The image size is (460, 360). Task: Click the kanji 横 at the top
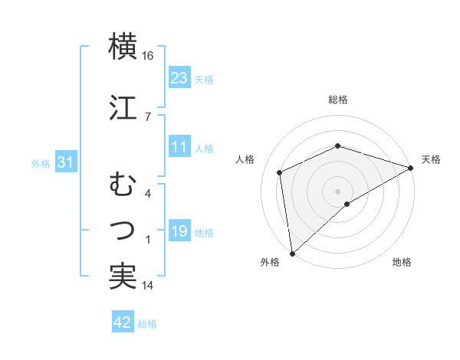click(x=123, y=46)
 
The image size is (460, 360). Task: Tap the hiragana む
click(x=123, y=185)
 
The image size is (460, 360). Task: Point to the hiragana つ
click(x=123, y=228)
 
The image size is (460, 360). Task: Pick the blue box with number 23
click(x=179, y=77)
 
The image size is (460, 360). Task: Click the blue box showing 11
click(x=179, y=147)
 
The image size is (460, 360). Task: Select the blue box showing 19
click(x=179, y=231)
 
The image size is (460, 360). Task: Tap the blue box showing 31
click(x=65, y=162)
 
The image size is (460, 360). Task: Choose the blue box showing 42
click(x=122, y=322)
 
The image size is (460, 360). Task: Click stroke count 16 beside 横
click(x=147, y=56)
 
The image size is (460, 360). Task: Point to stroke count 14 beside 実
click(x=147, y=286)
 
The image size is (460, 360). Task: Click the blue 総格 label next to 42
click(x=147, y=324)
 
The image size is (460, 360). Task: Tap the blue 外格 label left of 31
click(x=40, y=163)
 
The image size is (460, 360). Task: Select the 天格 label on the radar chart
click(x=431, y=159)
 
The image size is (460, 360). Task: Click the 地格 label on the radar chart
click(x=402, y=262)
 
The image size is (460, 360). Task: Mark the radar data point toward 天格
click(x=411, y=168)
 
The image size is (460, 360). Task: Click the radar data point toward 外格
click(x=292, y=253)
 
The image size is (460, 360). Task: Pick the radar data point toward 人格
click(x=281, y=172)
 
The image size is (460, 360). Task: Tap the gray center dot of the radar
click(x=337, y=191)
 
